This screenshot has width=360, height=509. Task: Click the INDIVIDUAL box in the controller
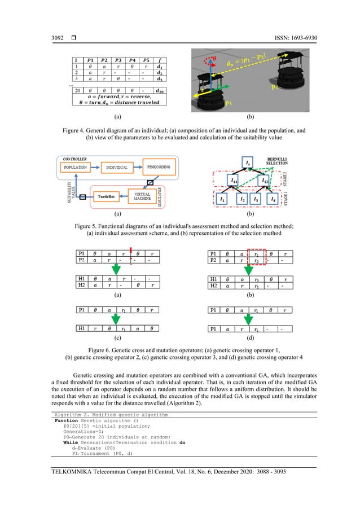[117, 168]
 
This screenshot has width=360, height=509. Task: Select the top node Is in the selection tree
[249, 164]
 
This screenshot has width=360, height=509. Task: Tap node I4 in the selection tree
[272, 199]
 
